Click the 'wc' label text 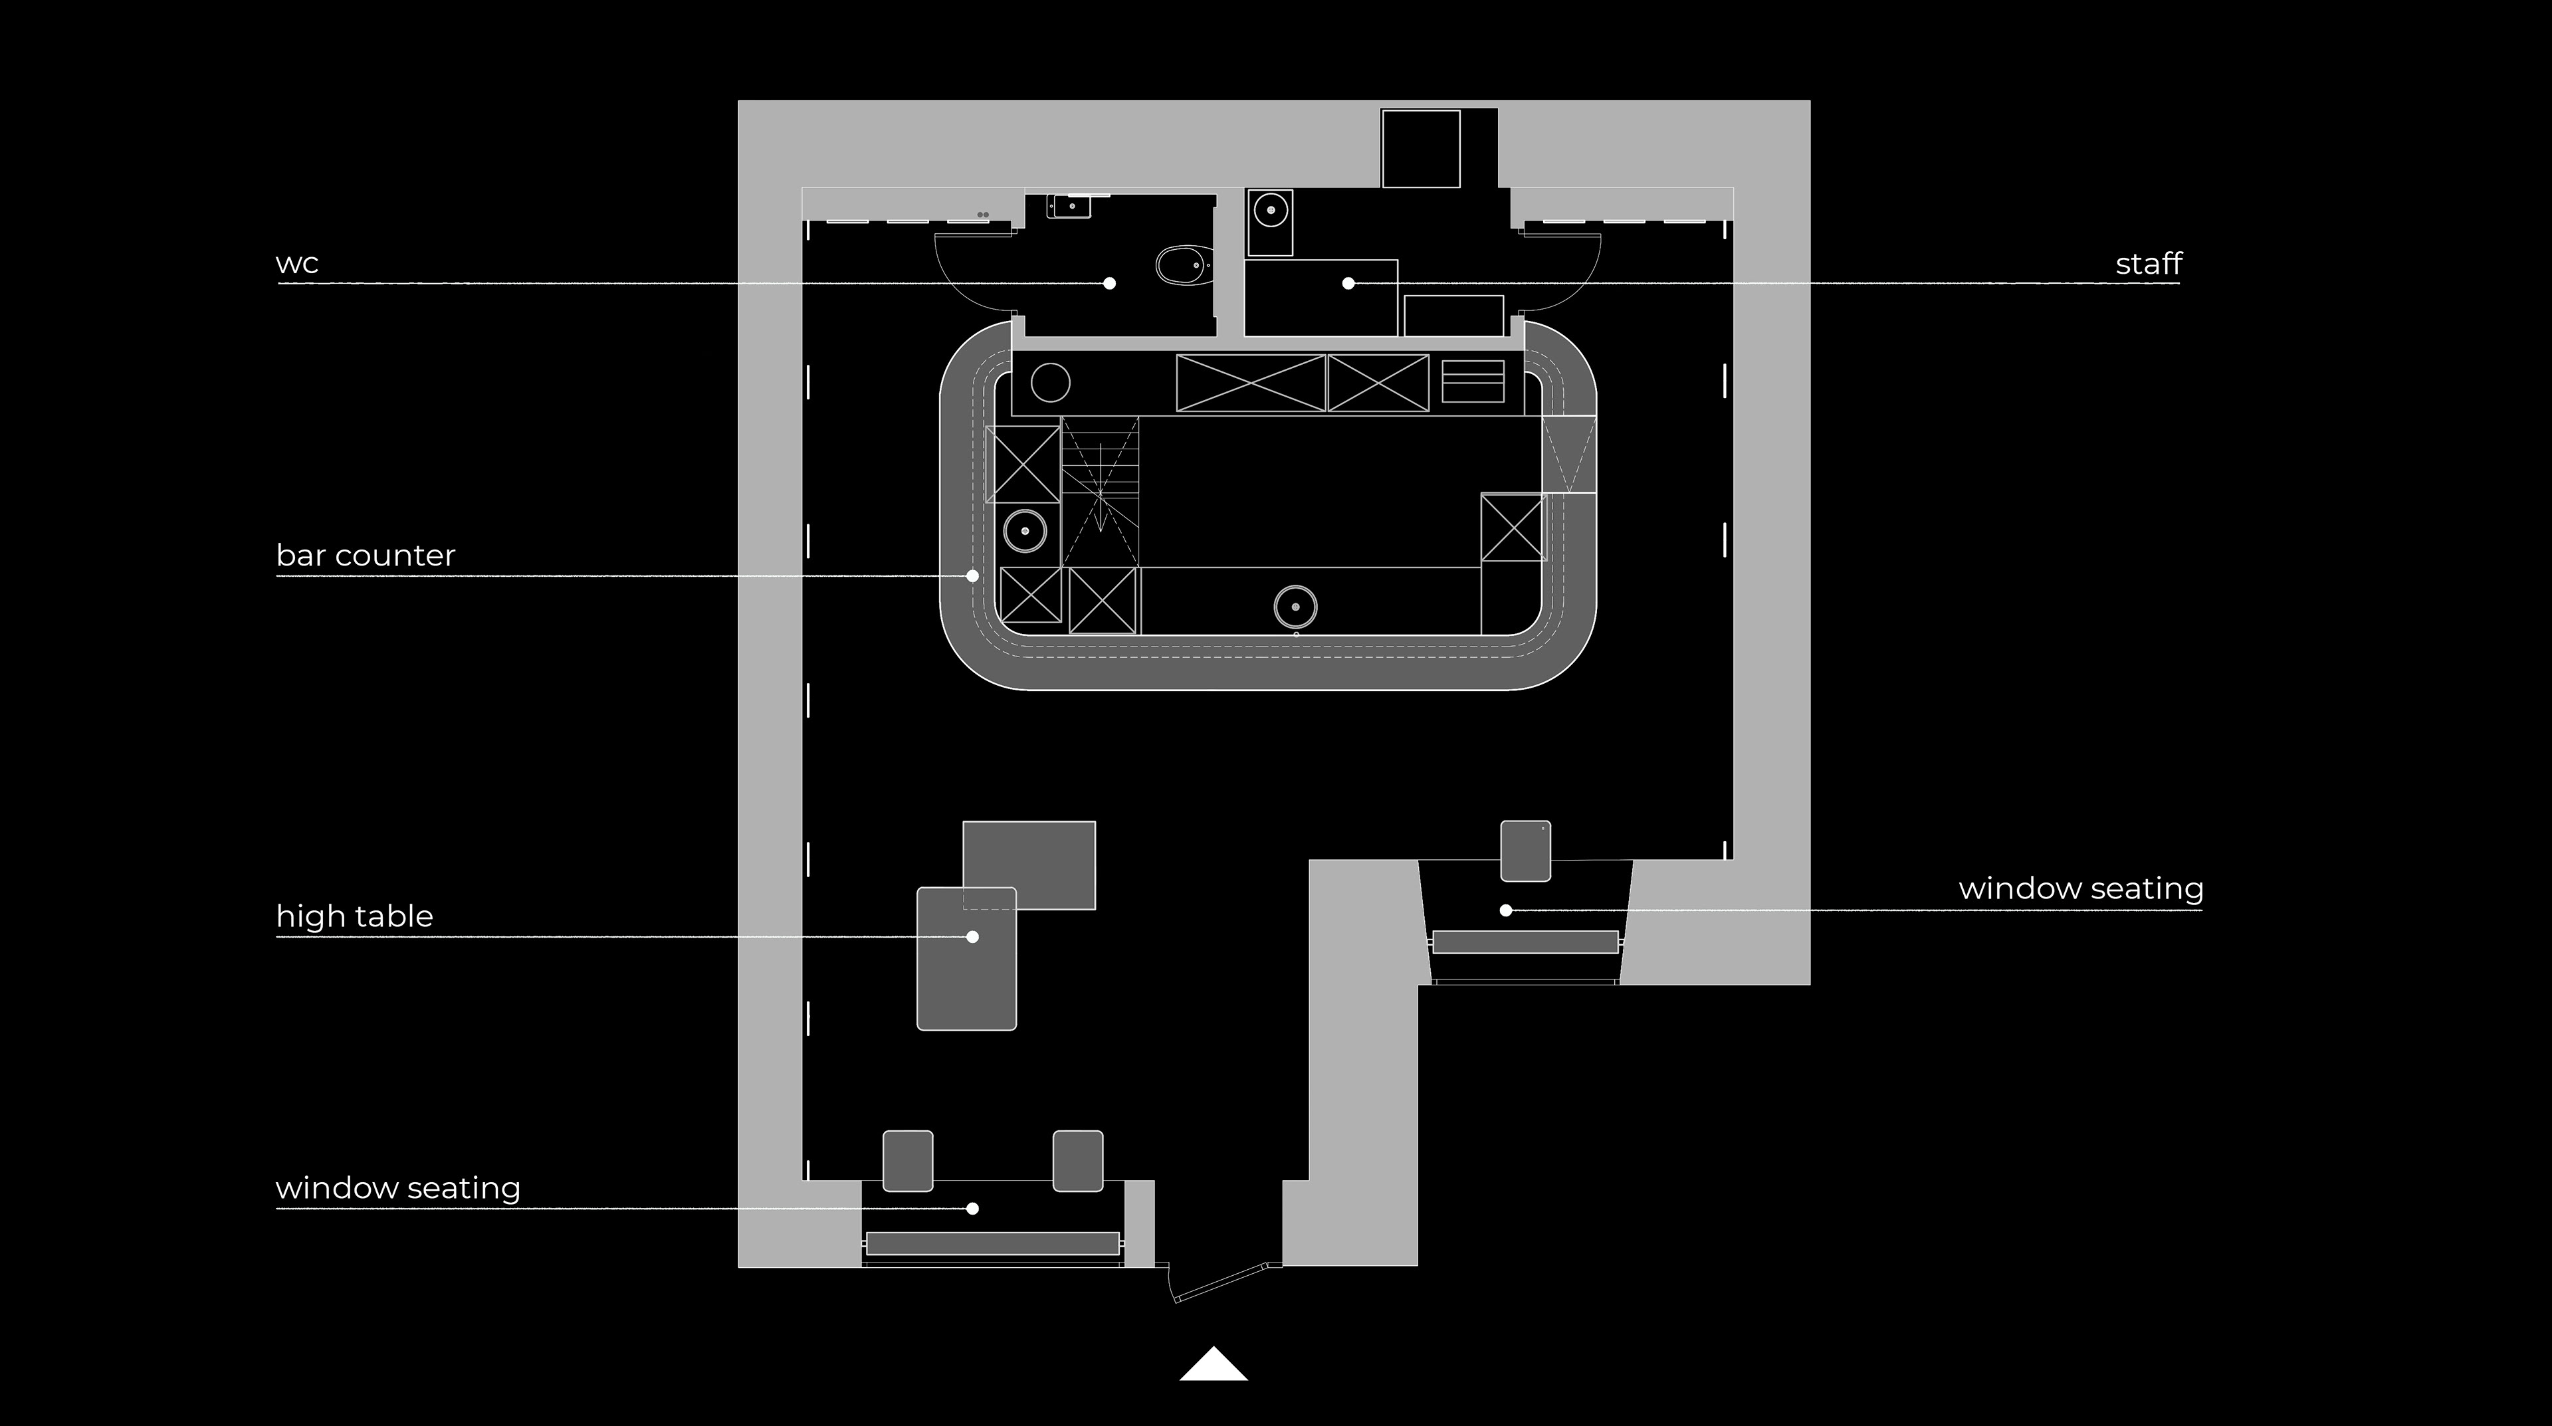click(297, 263)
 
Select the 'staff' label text click(2148, 263)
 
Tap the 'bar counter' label click(366, 556)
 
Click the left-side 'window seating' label click(398, 1187)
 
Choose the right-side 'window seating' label click(2080, 888)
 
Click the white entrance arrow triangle click(1214, 1365)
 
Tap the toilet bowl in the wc click(1182, 265)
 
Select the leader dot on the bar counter click(973, 575)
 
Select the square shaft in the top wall click(1421, 149)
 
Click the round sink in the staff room click(1270, 210)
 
